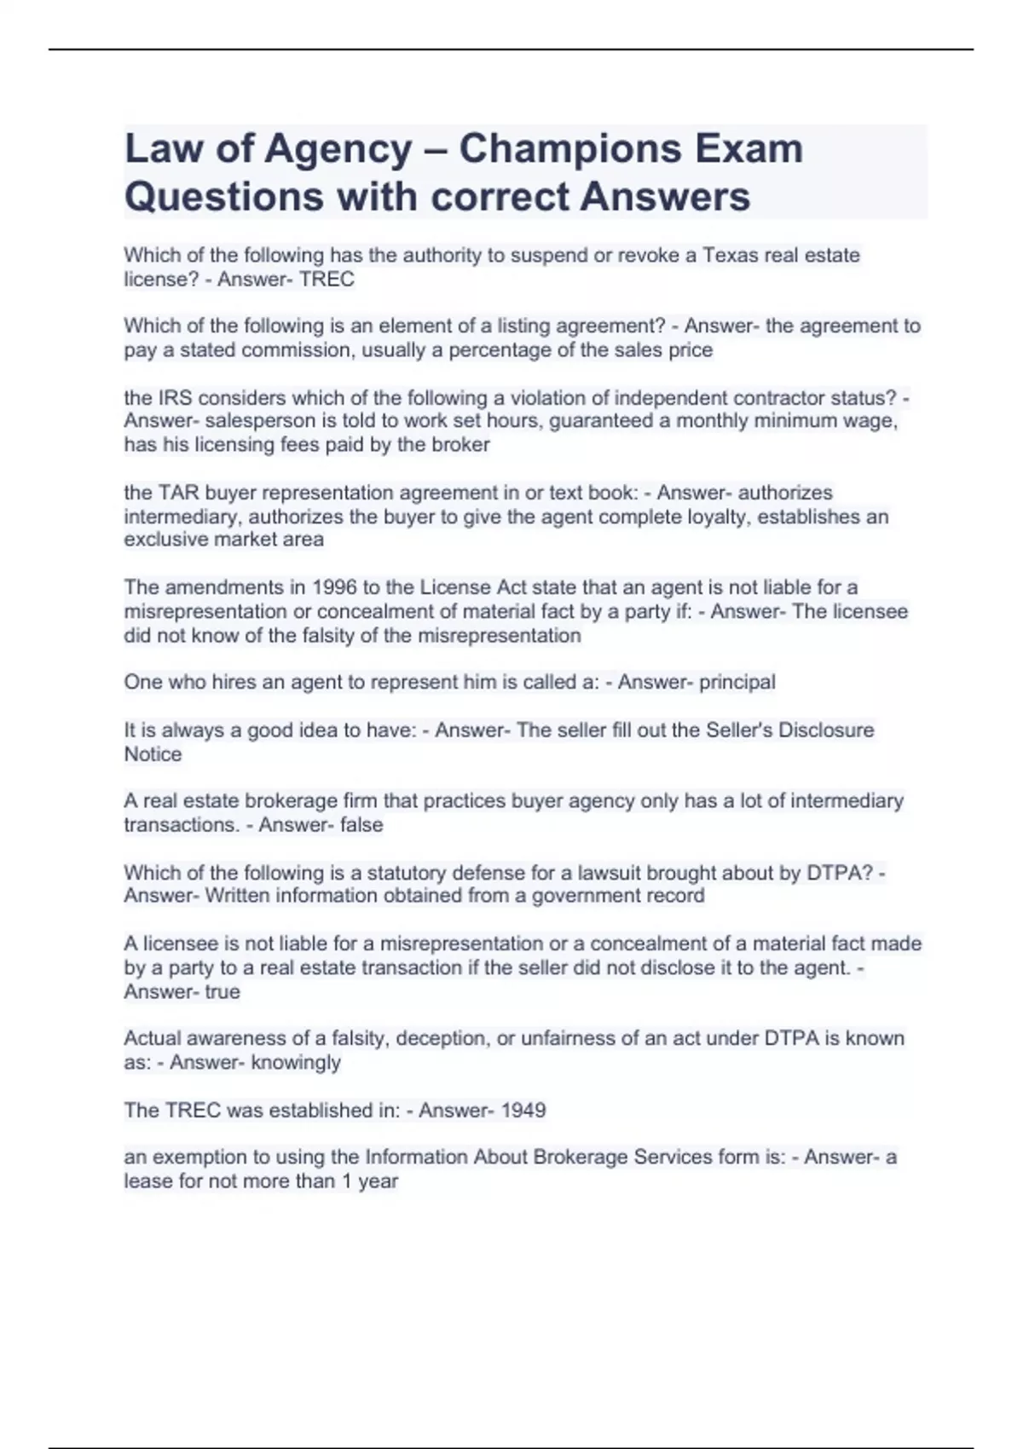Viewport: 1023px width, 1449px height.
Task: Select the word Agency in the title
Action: coord(338,149)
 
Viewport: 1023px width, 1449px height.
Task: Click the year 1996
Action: coord(336,587)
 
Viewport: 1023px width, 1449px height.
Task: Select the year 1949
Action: coord(523,1111)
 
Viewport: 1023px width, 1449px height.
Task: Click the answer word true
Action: coord(223,991)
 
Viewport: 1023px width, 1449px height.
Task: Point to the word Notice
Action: coord(153,753)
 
